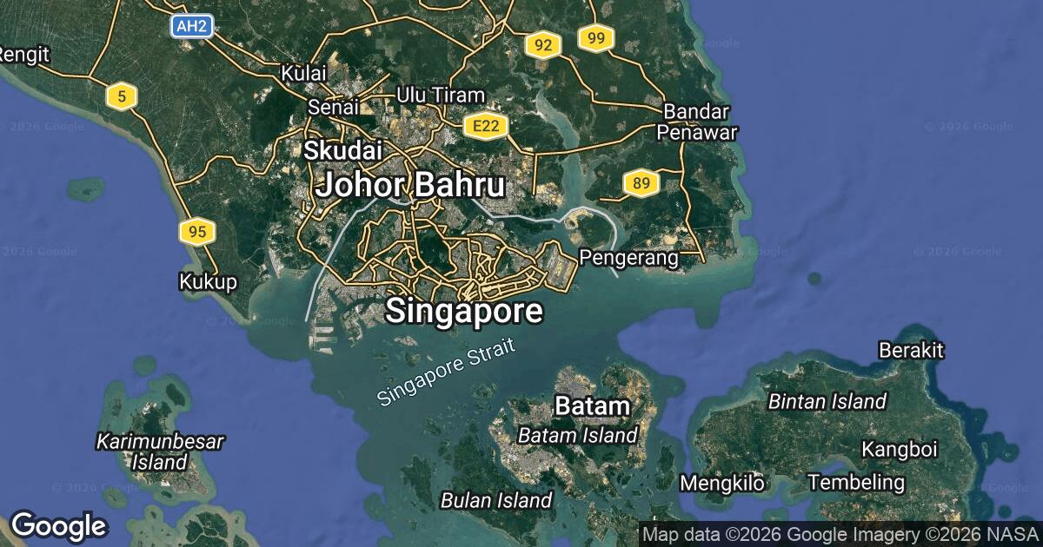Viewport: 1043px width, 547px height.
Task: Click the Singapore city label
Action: click(464, 311)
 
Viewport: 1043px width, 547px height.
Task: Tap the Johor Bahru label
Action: click(410, 185)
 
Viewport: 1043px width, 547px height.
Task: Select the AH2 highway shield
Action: click(190, 27)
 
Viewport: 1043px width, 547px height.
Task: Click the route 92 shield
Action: click(542, 46)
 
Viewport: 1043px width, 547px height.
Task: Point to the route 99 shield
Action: click(595, 38)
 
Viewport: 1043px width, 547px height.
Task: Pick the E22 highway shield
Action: click(485, 127)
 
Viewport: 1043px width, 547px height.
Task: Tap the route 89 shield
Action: click(641, 183)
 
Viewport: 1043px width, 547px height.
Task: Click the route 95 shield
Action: click(197, 232)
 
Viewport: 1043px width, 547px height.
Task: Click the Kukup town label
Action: click(208, 282)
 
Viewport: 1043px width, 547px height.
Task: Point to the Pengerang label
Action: click(628, 258)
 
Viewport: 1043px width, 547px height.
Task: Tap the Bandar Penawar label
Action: click(696, 122)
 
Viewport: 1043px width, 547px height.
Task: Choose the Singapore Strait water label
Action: click(447, 372)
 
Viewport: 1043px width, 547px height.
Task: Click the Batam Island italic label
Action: click(578, 435)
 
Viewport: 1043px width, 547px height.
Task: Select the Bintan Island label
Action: click(827, 401)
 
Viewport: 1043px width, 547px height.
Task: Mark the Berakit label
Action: click(912, 351)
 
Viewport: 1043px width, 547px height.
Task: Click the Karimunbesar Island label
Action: click(161, 451)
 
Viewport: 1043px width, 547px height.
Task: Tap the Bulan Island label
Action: click(496, 500)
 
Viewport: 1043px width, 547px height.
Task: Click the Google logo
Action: click(58, 526)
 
